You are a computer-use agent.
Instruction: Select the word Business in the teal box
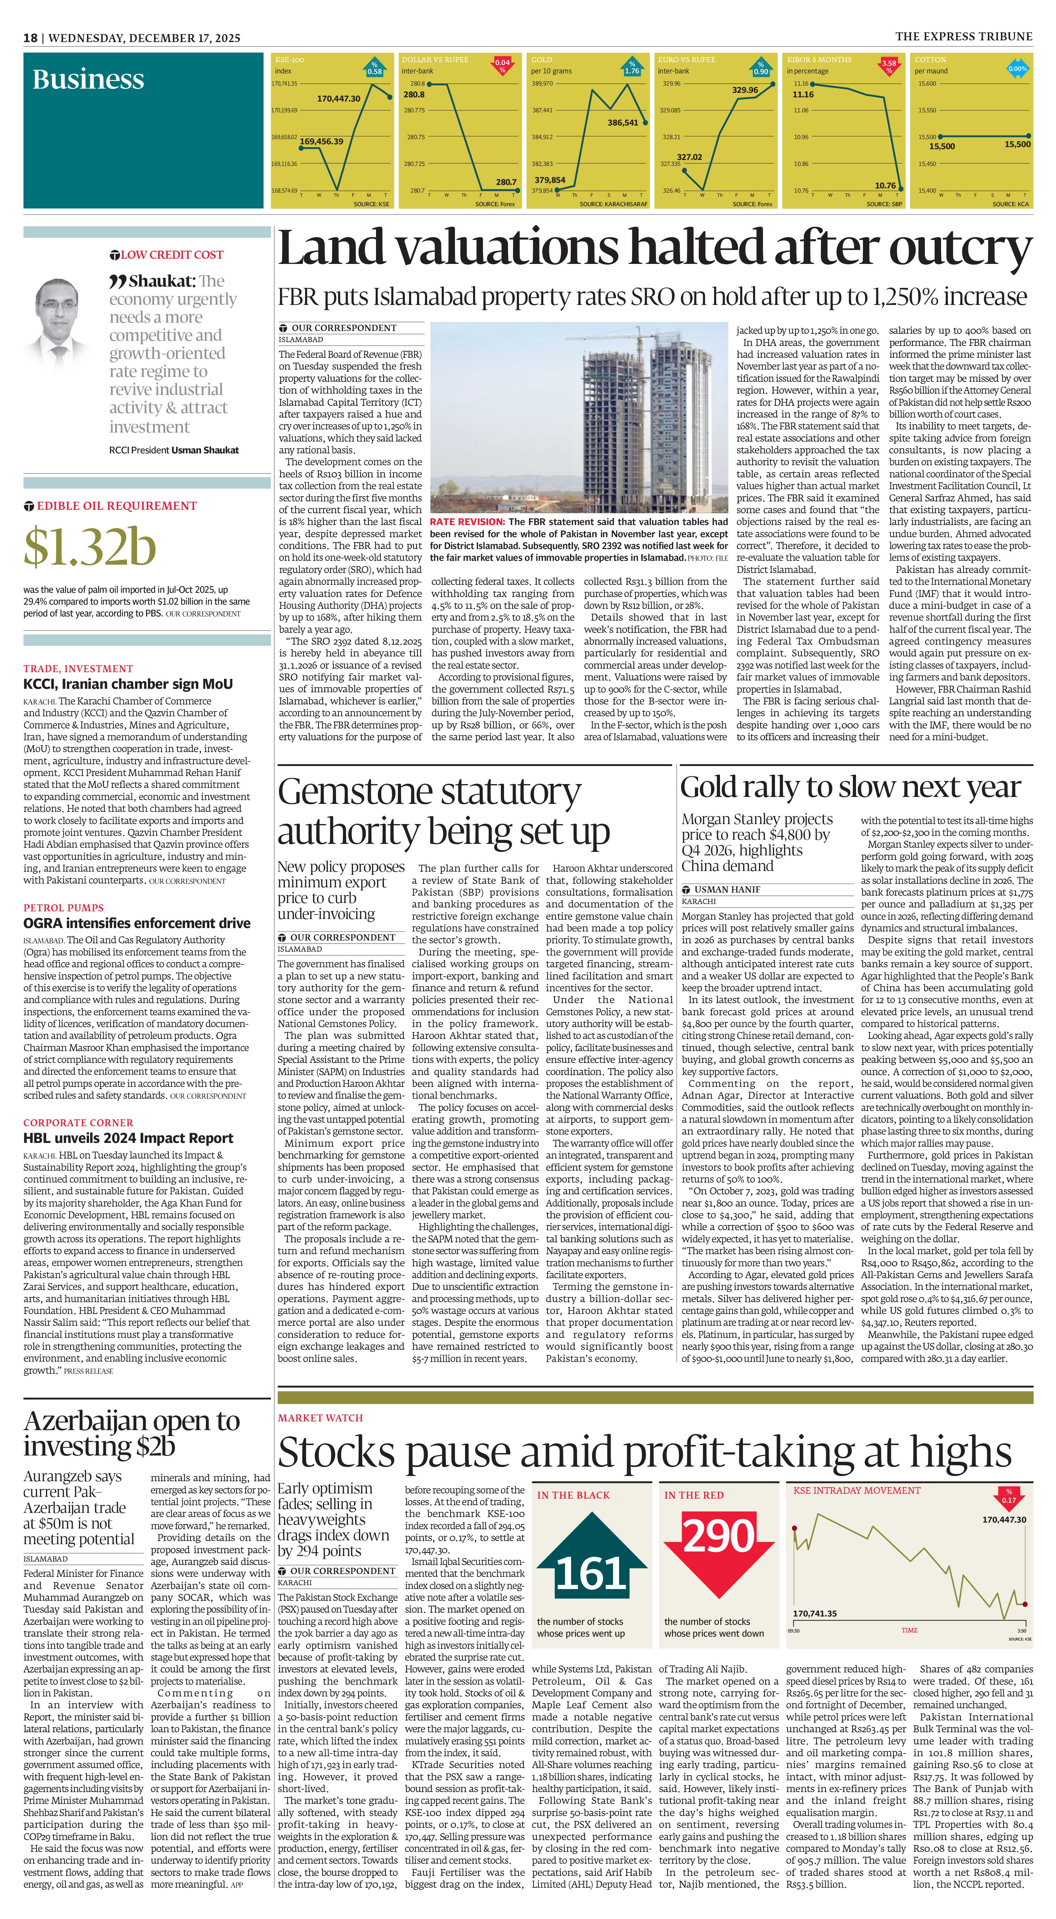(88, 79)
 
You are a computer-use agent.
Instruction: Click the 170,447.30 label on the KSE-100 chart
(338, 98)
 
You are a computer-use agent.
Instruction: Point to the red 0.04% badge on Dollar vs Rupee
(502, 66)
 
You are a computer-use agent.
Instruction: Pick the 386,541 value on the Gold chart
(623, 123)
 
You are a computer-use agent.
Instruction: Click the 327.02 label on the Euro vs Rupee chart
(689, 157)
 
